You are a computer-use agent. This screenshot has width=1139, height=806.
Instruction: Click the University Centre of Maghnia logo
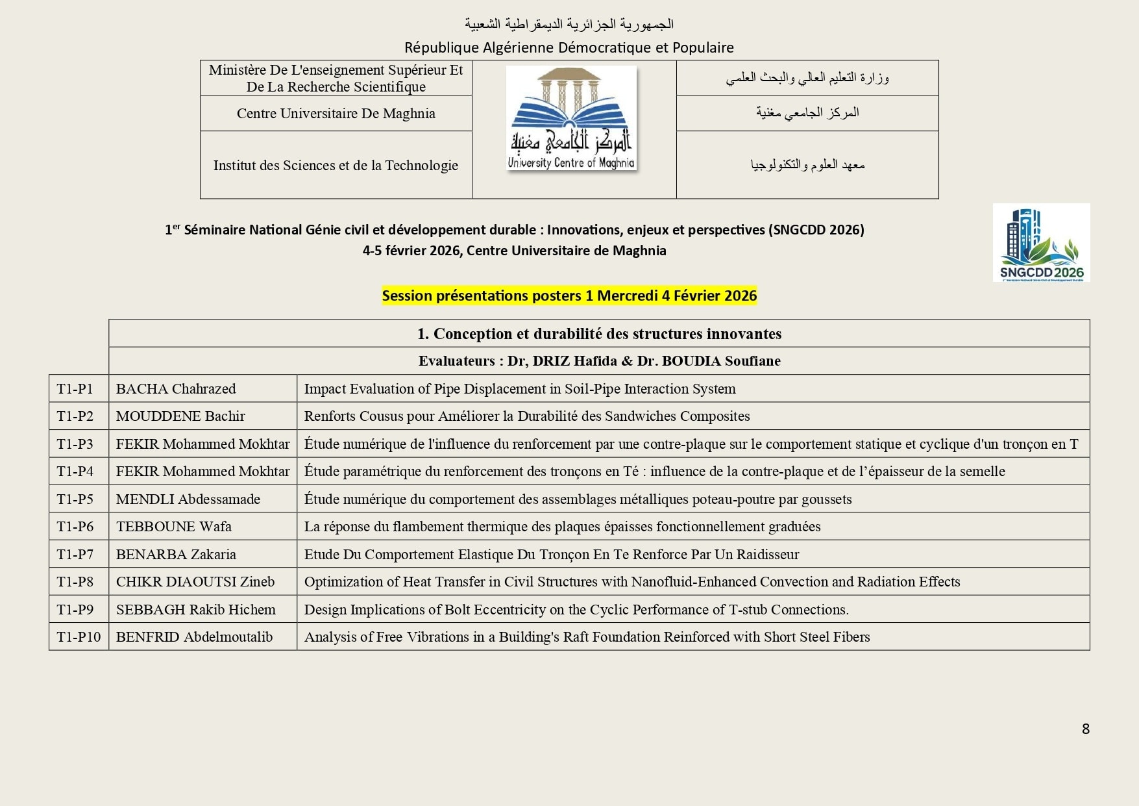[571, 118]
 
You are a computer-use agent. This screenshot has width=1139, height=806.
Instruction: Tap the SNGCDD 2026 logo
[1041, 242]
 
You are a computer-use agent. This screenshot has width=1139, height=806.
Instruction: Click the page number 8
[1085, 729]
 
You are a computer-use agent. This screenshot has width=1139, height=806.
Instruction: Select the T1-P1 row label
[75, 389]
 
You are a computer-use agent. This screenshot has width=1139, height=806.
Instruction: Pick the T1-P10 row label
[79, 637]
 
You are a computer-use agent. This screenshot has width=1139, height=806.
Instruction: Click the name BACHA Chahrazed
[176, 389]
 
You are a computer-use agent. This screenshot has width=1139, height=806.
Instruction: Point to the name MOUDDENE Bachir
[180, 416]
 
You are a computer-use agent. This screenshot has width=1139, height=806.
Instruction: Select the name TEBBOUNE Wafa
[173, 527]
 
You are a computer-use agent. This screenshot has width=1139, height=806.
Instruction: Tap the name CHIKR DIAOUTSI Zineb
[195, 582]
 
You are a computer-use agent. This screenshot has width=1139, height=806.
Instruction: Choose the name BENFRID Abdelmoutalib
[194, 637]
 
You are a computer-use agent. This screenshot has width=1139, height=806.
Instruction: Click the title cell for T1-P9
[576, 610]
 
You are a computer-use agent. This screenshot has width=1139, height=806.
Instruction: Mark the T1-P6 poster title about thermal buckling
[562, 527]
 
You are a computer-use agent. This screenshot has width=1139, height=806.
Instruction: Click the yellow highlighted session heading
[569, 296]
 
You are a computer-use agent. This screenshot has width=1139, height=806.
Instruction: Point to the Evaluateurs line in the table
[599, 361]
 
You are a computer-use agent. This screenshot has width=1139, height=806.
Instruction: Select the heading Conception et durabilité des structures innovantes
[599, 334]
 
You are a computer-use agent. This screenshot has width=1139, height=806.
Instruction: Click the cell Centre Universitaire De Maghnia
[336, 114]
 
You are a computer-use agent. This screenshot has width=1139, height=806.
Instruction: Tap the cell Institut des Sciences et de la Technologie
[336, 166]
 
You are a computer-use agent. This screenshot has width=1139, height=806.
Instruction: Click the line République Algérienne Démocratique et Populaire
[569, 47]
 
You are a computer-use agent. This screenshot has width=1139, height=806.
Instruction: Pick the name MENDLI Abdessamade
[188, 499]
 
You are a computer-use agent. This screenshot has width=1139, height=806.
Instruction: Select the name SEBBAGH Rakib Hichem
[196, 610]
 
